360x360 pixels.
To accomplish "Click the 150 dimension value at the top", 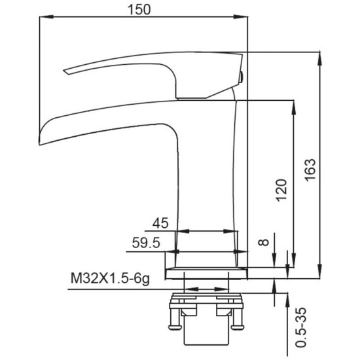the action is click(139, 9).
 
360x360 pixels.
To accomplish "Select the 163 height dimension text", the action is click(310, 170).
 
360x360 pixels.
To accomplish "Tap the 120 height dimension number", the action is click(281, 190).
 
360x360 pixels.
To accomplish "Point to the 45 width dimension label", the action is click(160, 223).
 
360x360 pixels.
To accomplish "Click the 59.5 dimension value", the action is click(146, 243).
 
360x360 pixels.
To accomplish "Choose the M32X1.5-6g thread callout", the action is click(110, 278).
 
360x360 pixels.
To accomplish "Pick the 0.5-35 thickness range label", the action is click(301, 327).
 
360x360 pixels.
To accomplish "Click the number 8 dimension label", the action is click(263, 242).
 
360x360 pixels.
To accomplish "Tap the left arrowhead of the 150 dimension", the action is click(46, 17).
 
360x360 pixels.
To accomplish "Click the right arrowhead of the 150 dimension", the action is click(241, 17).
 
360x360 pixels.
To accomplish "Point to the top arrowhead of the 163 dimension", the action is click(319, 59).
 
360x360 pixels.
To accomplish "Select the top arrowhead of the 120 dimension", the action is click(293, 107).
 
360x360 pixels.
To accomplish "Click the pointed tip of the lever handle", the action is click(65, 71).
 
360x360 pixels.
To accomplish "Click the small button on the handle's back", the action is click(241, 77).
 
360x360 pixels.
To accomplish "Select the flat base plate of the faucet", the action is click(206, 274).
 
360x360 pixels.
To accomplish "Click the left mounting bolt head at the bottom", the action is click(175, 327).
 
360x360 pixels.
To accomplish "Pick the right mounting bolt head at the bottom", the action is click(238, 327).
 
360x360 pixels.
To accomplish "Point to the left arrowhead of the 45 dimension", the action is click(183, 231).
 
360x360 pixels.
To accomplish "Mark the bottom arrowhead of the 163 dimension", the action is click(319, 272).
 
